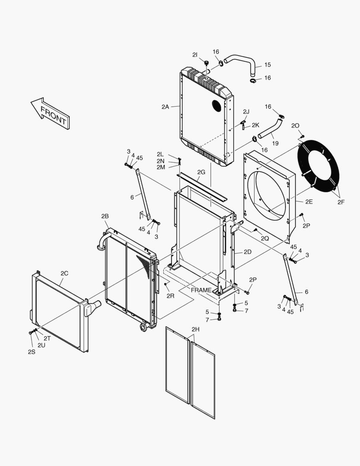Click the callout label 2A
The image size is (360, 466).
(166, 107)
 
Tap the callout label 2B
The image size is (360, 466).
(105, 216)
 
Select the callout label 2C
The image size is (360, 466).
(64, 273)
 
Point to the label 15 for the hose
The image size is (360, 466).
(267, 65)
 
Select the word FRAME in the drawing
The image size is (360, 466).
(201, 290)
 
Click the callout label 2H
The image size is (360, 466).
(195, 329)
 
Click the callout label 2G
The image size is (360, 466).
(201, 172)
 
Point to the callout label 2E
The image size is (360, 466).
(309, 201)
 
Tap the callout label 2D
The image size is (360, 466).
(247, 252)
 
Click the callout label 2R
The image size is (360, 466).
(170, 296)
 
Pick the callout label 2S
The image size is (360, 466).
(31, 352)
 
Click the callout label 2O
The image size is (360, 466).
(295, 126)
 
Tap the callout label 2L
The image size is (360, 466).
(160, 154)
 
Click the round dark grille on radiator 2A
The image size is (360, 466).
(217, 106)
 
